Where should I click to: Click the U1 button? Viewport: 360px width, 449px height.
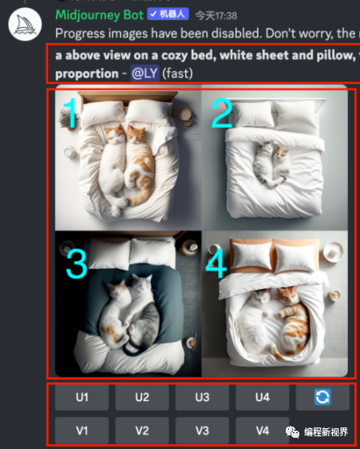(82, 397)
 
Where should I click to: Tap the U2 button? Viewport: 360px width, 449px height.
(142, 397)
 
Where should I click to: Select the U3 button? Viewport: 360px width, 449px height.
(202, 397)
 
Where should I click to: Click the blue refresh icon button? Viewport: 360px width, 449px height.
(322, 397)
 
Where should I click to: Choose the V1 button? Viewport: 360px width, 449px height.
(82, 431)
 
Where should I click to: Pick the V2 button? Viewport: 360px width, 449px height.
(142, 431)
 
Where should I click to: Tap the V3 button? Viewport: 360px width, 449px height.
(202, 431)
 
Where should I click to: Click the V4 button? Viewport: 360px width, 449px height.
(263, 431)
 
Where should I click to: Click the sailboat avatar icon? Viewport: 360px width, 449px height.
(26, 24)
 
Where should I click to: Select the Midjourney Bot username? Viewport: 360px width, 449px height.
(99, 15)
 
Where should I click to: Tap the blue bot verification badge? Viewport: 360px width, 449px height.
(168, 14)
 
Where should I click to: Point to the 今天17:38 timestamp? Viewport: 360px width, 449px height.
(216, 15)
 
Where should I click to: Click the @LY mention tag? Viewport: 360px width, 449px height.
(144, 74)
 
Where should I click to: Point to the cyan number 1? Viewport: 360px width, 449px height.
(69, 113)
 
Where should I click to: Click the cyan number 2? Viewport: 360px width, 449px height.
(222, 113)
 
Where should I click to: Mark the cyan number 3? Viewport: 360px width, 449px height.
(77, 264)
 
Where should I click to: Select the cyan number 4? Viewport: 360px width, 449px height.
(216, 264)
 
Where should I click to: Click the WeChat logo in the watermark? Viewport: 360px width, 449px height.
(292, 431)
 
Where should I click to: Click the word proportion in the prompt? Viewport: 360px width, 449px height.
(87, 74)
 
